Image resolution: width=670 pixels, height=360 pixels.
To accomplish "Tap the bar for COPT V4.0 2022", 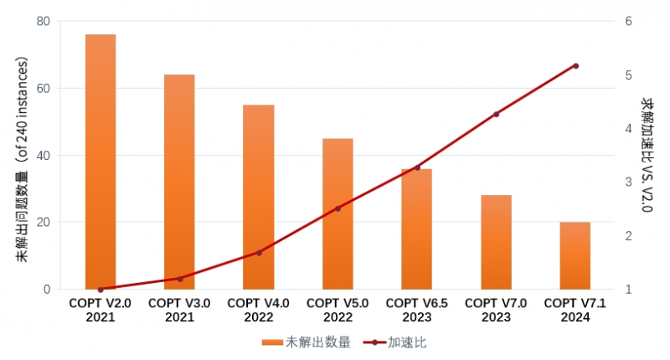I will pyautogui.click(x=259, y=197).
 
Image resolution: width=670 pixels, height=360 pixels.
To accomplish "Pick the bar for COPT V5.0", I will pyautogui.click(x=338, y=213).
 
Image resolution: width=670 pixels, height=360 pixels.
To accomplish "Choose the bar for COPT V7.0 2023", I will pyautogui.click(x=496, y=242).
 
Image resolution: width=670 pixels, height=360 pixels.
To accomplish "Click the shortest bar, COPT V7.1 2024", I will pyautogui.click(x=575, y=255).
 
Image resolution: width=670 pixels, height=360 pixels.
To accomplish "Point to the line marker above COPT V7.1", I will pyautogui.click(x=575, y=65).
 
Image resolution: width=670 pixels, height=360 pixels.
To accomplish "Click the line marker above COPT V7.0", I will pyautogui.click(x=496, y=114).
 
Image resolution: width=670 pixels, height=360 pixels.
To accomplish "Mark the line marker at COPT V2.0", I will pyautogui.click(x=100, y=290).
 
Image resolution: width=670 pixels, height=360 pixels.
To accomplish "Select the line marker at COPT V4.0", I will pyautogui.click(x=259, y=252).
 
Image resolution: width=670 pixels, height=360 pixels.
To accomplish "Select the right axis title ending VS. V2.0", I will pyautogui.click(x=647, y=155).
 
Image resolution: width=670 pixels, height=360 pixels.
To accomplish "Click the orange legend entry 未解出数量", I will pyautogui.click(x=306, y=342).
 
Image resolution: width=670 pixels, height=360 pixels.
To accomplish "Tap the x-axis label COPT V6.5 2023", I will pyautogui.click(x=417, y=311).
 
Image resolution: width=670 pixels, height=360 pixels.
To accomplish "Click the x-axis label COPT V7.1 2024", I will pyautogui.click(x=575, y=311).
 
